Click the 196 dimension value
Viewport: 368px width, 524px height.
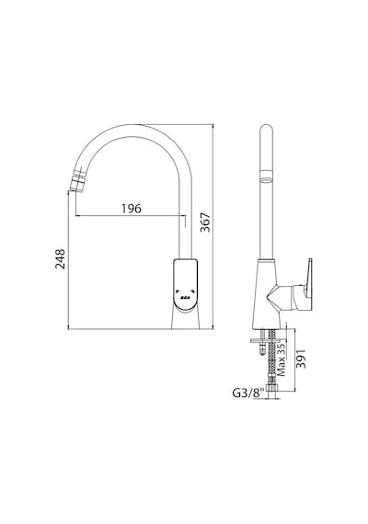(x=132, y=208)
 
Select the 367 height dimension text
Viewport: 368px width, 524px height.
(x=205, y=222)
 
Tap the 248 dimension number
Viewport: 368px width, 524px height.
(x=60, y=258)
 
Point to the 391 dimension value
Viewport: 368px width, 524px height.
(x=302, y=359)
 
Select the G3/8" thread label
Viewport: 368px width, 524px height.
(x=248, y=393)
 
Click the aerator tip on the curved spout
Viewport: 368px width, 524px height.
(x=76, y=182)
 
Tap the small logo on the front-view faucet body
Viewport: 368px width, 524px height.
(x=185, y=297)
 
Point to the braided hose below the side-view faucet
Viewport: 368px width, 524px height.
(x=271, y=354)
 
